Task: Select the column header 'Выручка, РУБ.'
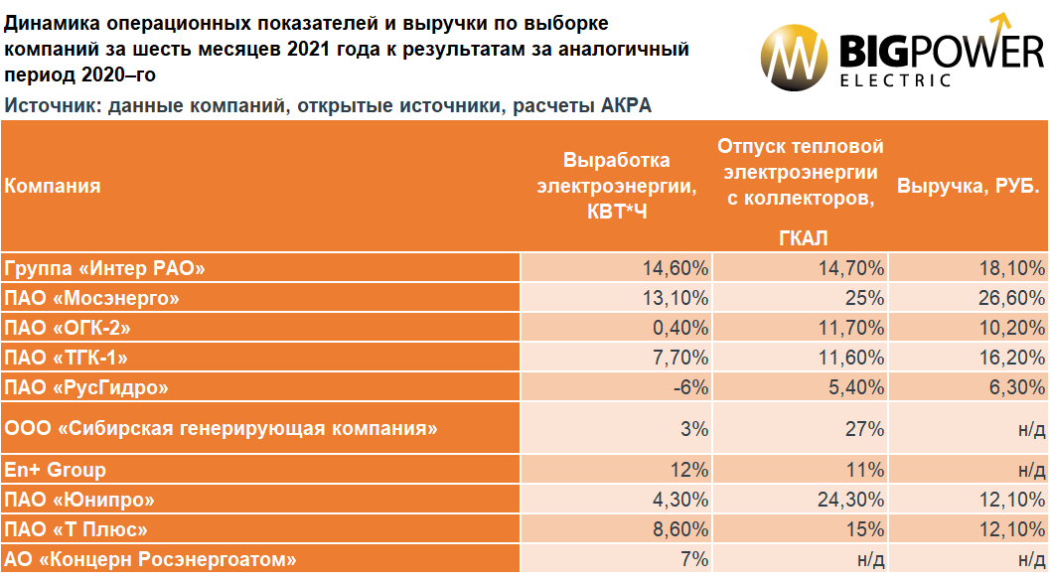coord(968,186)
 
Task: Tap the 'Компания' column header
coord(53,186)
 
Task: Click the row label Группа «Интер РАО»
coord(104,268)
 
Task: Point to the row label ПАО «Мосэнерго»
coord(91,298)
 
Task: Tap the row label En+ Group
coord(55,469)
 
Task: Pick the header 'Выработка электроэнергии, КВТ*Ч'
coord(616,186)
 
